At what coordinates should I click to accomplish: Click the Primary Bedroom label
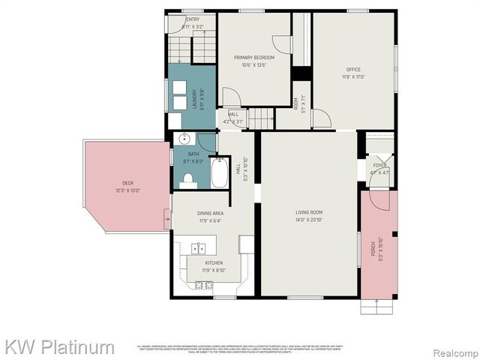coord(254,58)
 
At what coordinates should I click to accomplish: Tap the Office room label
coord(353,70)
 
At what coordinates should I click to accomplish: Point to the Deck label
coord(128,184)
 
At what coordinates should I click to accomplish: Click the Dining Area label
coord(211,213)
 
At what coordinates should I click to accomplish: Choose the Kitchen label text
coord(214,262)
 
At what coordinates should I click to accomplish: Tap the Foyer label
coord(380,165)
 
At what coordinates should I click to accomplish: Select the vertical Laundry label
coord(194,100)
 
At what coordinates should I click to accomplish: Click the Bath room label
coord(193,154)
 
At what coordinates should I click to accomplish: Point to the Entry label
coord(193,19)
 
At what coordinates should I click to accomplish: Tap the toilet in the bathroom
coord(188,179)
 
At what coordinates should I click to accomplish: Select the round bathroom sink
coord(183,139)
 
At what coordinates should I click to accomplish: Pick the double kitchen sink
coord(199,249)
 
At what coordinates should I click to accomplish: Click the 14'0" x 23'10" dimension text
coord(308,220)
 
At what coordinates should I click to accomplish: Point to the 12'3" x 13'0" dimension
coord(128,190)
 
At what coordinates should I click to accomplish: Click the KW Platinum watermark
coord(60,346)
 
